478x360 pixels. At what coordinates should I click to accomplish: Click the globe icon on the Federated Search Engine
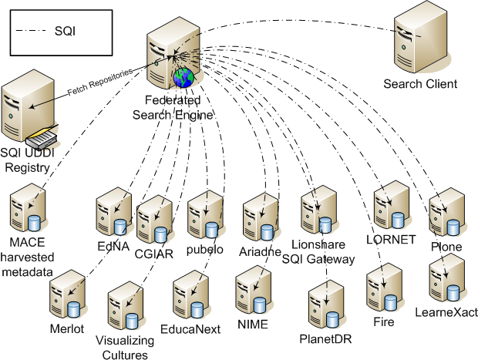coord(183,77)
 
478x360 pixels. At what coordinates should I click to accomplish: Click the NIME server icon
coord(253,289)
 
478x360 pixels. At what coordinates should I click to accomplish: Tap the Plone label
coord(446,247)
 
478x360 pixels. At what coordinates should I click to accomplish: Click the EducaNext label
coord(197,329)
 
